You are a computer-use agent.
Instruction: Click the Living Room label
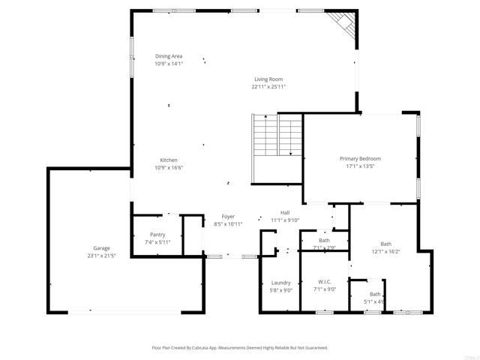(x=268, y=79)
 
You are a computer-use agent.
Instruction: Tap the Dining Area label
(x=169, y=56)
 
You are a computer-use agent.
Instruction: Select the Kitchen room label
(x=169, y=160)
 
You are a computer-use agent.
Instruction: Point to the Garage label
(x=101, y=248)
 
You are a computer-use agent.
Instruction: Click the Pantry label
(x=157, y=235)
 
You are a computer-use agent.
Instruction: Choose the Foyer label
(x=228, y=217)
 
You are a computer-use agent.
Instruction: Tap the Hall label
(x=285, y=212)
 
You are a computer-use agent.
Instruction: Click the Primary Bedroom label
(x=360, y=159)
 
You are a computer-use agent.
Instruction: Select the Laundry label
(x=281, y=283)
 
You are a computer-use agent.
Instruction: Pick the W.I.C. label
(x=324, y=282)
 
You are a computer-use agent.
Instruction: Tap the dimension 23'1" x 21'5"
(x=101, y=256)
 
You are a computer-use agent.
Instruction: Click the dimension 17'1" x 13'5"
(x=360, y=166)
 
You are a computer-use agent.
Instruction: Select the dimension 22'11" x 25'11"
(x=268, y=86)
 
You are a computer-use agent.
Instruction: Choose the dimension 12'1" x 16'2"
(x=385, y=251)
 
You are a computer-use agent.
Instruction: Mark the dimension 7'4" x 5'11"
(x=157, y=242)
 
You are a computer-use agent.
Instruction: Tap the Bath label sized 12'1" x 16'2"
(x=385, y=244)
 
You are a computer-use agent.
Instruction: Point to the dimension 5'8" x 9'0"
(x=281, y=290)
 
